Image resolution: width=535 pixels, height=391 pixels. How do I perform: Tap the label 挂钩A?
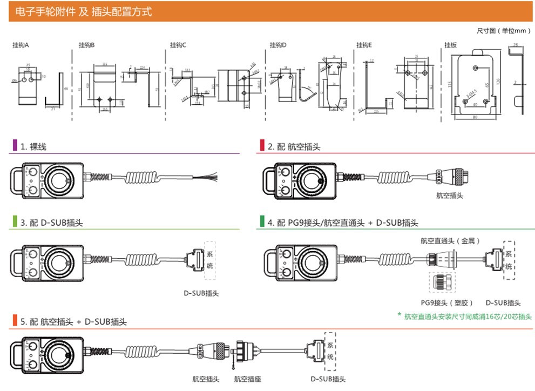click(20, 45)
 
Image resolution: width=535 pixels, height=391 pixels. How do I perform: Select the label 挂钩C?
click(178, 45)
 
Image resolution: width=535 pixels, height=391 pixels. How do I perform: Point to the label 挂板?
click(450, 45)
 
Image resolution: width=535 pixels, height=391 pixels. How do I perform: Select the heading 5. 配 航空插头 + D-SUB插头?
click(73, 322)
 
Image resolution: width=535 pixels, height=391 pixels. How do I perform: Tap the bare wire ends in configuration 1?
click(208, 177)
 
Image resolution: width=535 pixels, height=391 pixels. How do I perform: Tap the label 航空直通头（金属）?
click(450, 240)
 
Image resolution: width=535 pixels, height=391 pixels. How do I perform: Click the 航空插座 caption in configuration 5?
click(247, 379)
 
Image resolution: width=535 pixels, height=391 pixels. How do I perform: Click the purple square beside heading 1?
click(15, 146)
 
